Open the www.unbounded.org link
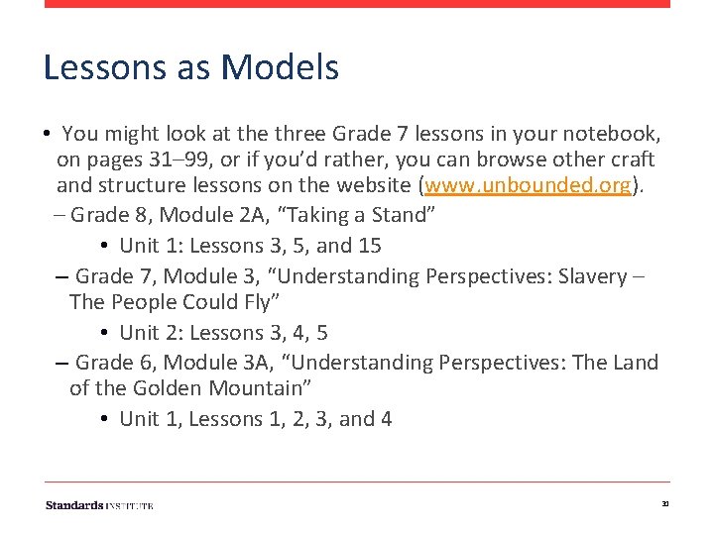click(528, 185)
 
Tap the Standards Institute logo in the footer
click(99, 505)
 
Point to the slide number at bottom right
click(665, 505)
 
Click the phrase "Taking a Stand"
click(371, 215)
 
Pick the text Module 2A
click(211, 215)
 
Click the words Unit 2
click(148, 333)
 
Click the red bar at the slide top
click(357, 4)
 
